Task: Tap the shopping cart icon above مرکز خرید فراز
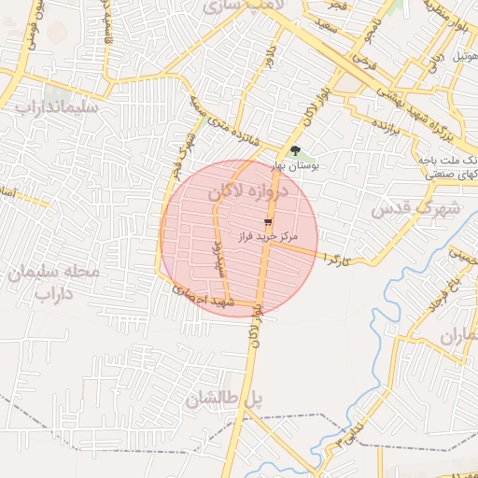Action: (x=269, y=221)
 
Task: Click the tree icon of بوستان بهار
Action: (x=296, y=150)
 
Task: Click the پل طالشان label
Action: (x=224, y=401)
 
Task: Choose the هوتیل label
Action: (x=465, y=57)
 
